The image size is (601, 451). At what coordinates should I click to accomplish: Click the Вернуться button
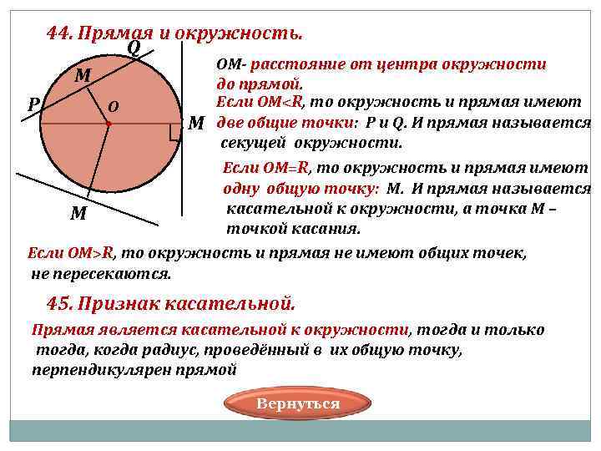tap(298, 404)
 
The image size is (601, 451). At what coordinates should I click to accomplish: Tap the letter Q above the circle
tap(134, 48)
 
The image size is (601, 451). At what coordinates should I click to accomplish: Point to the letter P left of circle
tap(32, 106)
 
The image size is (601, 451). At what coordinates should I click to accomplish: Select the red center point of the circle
tap(109, 124)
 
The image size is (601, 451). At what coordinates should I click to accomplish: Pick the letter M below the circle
tap(78, 213)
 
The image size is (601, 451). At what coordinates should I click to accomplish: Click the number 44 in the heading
tap(58, 33)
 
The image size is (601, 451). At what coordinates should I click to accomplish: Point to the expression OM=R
tap(284, 169)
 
